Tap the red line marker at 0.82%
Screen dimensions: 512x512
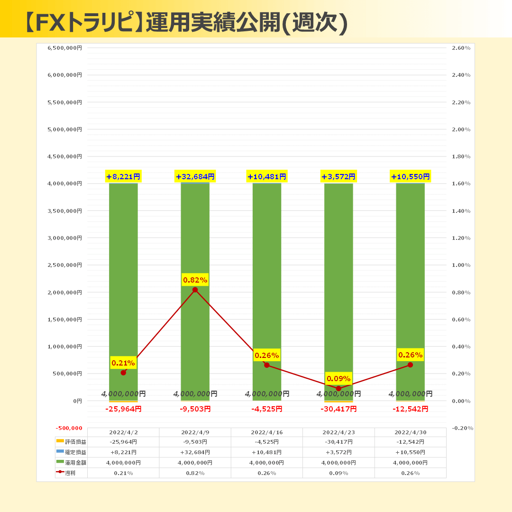195,290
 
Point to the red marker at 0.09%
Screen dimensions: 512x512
338,389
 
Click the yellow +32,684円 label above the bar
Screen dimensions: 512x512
195,177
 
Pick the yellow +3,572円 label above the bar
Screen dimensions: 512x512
338,177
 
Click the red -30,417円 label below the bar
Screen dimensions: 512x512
338,409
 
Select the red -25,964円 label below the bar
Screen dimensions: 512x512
123,409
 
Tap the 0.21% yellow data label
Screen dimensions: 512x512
123,363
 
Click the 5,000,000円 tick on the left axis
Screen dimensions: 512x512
65,129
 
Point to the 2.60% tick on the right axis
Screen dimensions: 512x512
461,48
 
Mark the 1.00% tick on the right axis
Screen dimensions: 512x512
461,265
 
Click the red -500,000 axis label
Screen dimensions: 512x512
69,428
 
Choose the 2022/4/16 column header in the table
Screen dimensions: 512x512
266,432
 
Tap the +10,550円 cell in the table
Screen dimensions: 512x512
410,452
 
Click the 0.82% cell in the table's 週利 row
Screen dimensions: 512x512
195,473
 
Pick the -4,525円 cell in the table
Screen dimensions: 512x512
266,442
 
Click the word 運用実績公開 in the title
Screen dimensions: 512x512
213,22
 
